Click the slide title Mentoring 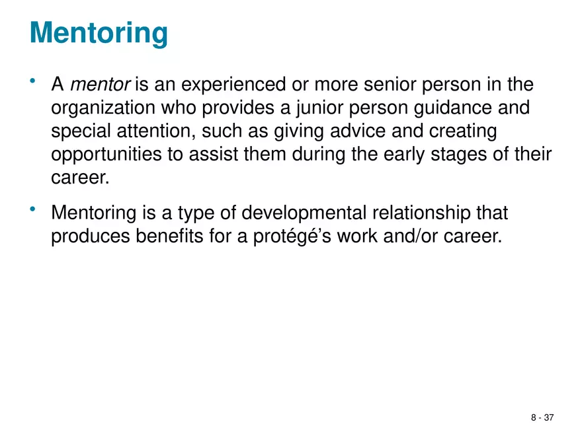99,34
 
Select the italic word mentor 101,84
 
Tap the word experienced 233,85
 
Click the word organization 103,108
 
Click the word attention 156,131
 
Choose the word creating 463,131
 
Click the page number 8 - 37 542,418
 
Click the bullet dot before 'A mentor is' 32,81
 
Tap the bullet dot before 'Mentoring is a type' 32,209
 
